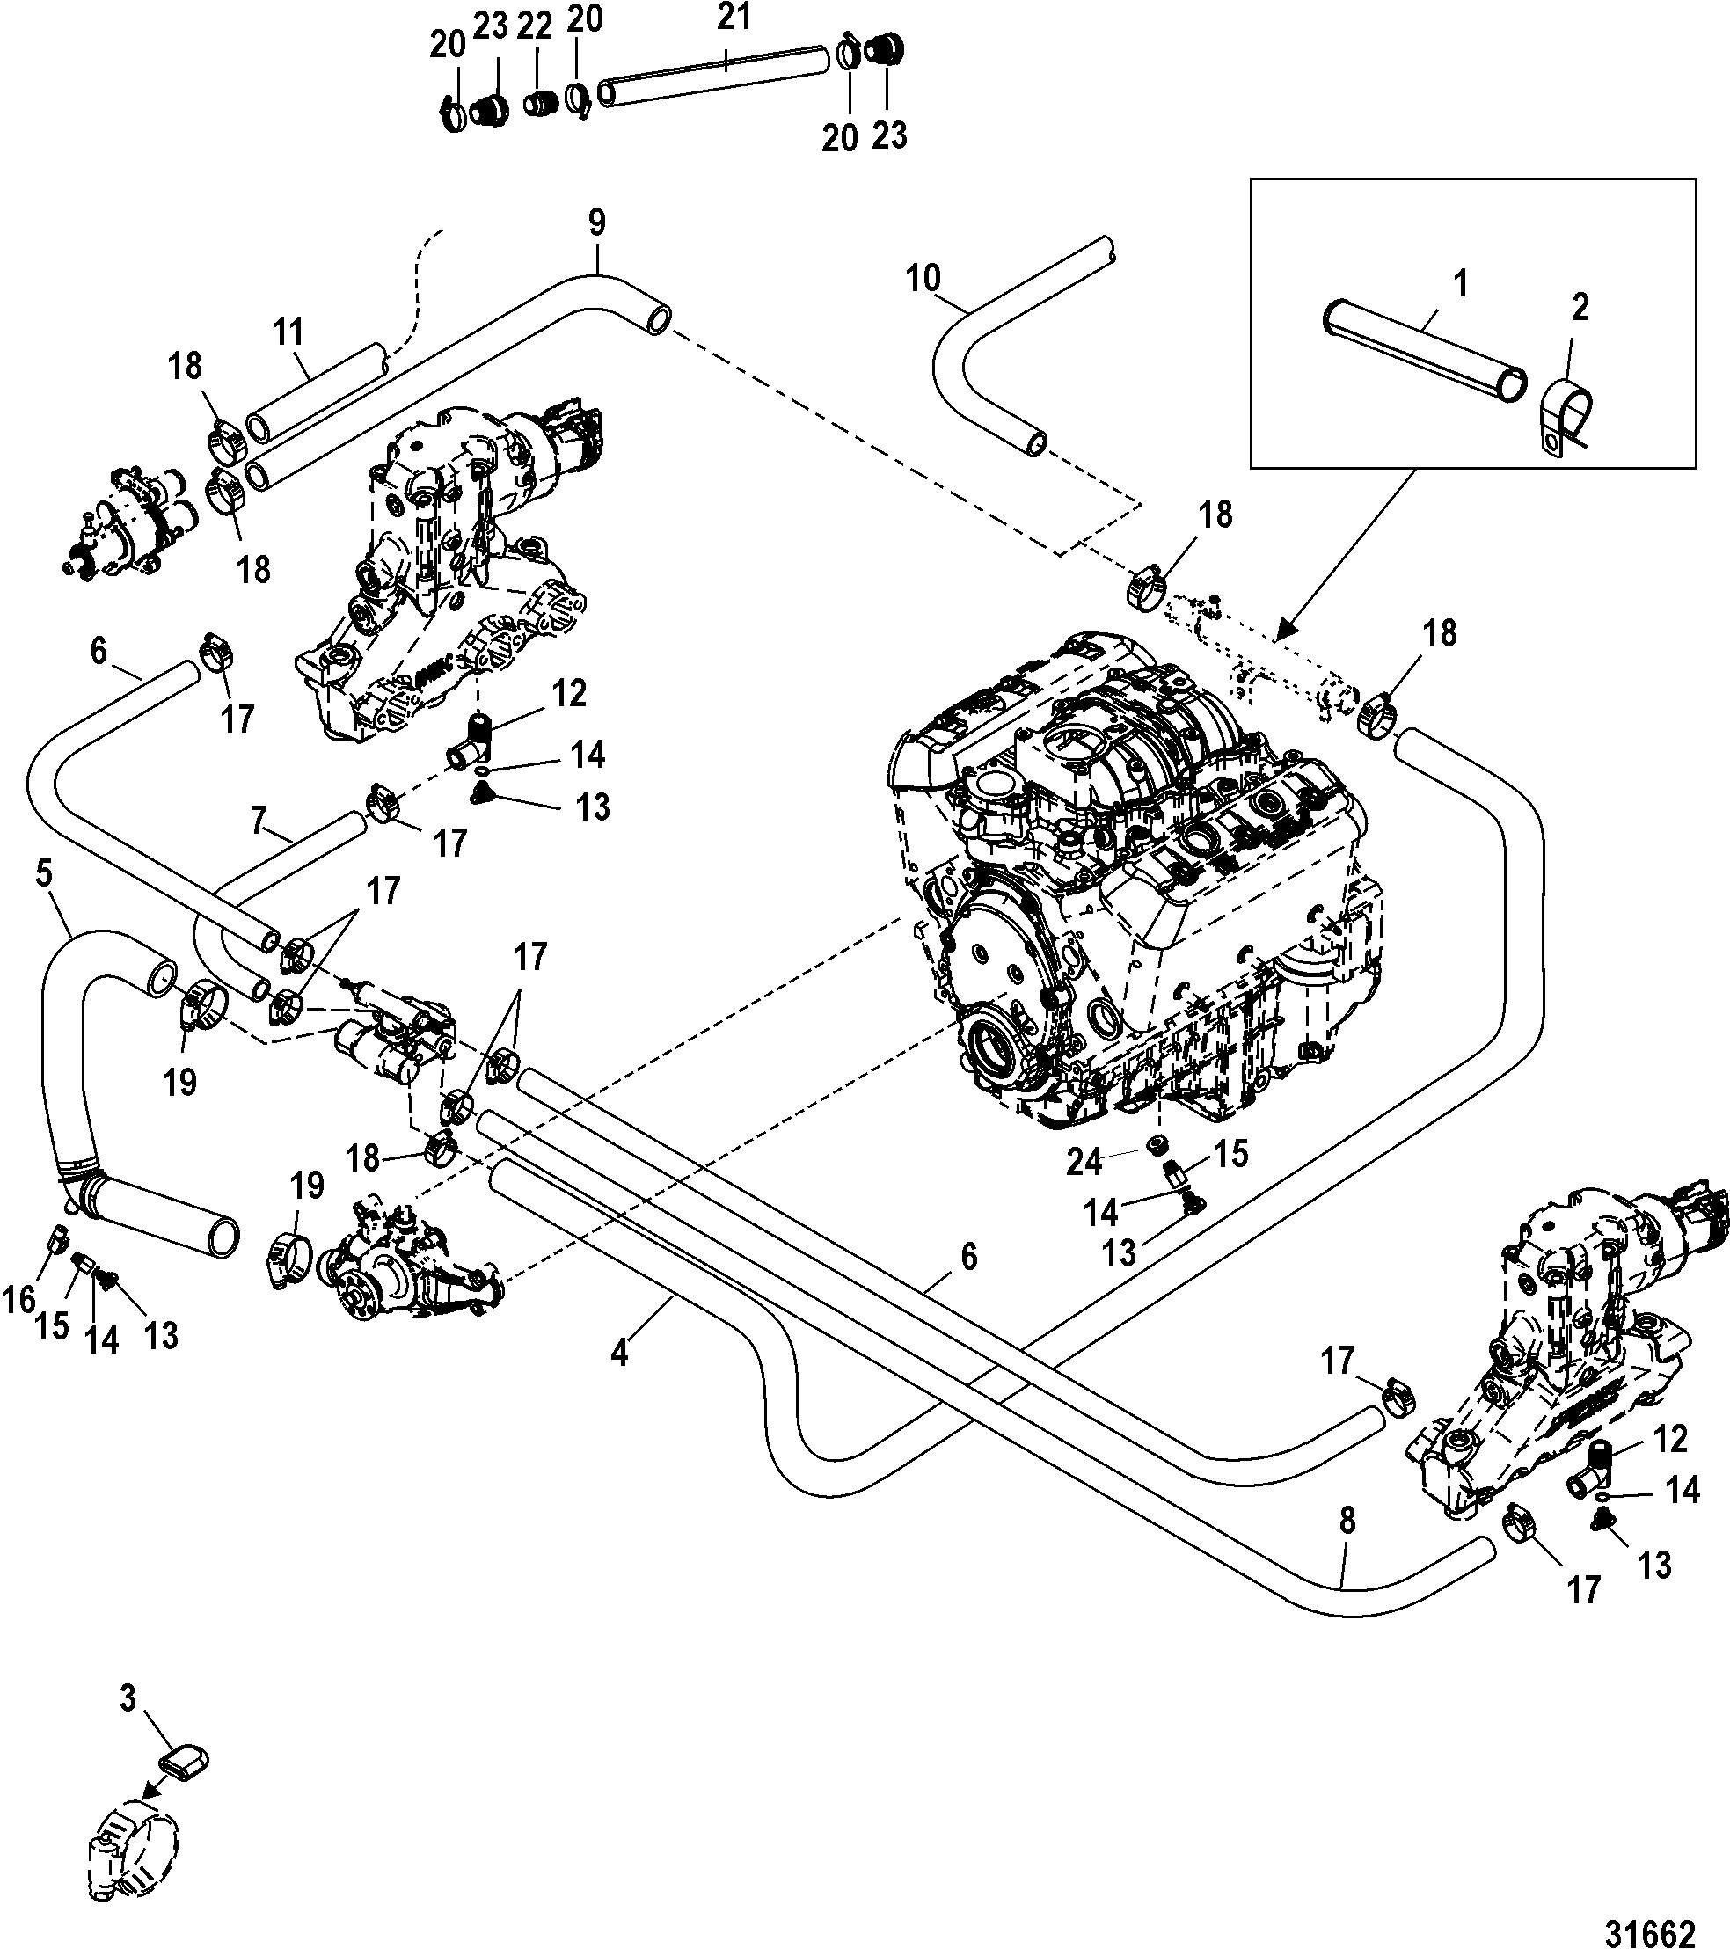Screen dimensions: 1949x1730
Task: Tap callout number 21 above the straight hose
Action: (x=734, y=18)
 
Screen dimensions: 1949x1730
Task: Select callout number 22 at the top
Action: (x=534, y=26)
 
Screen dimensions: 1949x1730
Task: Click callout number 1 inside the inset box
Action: (x=1460, y=284)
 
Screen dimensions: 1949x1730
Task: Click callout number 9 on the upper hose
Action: (x=596, y=223)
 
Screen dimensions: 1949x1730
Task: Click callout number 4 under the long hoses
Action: (x=620, y=1352)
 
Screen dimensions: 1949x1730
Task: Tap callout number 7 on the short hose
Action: (x=257, y=823)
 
